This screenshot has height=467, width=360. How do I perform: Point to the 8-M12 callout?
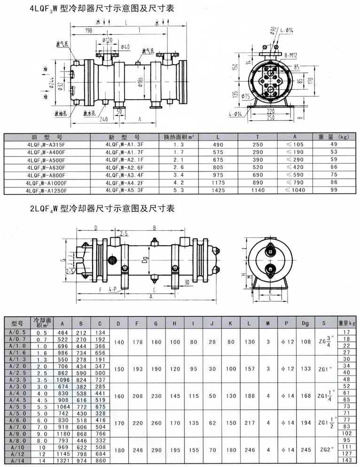click(x=290, y=55)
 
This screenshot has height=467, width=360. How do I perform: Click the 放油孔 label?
click(x=61, y=114)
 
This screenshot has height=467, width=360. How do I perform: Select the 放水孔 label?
click(x=89, y=114)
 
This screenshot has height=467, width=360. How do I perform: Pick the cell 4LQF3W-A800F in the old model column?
click(x=46, y=175)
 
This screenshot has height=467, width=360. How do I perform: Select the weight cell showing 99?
click(x=334, y=190)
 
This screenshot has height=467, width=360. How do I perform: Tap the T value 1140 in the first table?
click(x=258, y=190)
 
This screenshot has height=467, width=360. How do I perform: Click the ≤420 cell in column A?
click(x=295, y=167)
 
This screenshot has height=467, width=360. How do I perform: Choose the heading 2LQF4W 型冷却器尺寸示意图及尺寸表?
click(x=102, y=208)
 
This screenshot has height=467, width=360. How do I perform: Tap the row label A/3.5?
click(x=17, y=380)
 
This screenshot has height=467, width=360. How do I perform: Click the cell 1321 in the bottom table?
click(x=63, y=461)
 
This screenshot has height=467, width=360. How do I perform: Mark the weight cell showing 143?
click(x=346, y=460)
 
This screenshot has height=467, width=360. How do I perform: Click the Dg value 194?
click(x=305, y=423)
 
